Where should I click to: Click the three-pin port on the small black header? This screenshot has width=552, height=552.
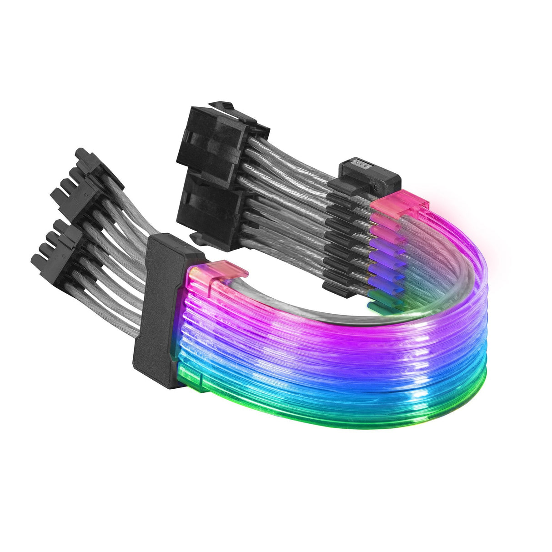359,164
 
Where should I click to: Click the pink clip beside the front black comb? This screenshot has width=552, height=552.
224,271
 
